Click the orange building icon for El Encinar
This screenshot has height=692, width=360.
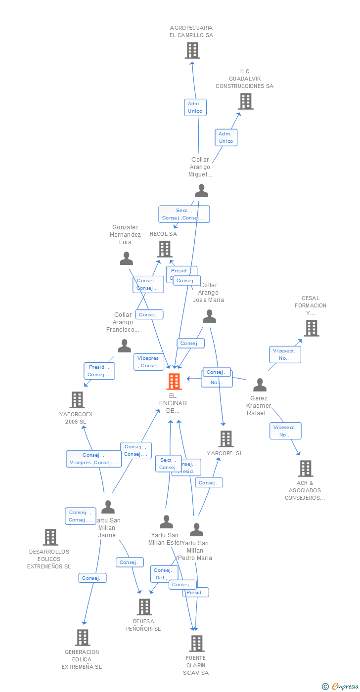click(x=174, y=382)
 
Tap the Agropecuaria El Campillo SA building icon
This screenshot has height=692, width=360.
click(x=192, y=50)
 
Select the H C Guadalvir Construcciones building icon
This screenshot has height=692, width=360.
click(x=245, y=101)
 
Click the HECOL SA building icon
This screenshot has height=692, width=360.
click(x=165, y=249)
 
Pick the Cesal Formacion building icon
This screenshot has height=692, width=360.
click(x=311, y=328)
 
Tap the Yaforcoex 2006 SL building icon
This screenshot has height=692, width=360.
click(x=77, y=400)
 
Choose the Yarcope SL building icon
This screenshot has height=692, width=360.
click(x=225, y=439)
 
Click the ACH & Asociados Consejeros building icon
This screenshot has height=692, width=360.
click(x=306, y=469)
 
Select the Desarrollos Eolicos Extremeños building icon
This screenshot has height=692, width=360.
click(x=50, y=537)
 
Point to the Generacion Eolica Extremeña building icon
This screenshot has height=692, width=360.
click(x=83, y=638)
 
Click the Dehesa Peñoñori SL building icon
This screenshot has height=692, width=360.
click(x=144, y=607)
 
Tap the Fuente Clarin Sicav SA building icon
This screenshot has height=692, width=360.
click(x=197, y=644)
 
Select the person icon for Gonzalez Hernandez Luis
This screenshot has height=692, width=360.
click(x=127, y=259)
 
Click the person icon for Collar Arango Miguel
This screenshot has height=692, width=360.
click(x=201, y=190)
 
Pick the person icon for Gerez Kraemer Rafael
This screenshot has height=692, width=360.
click(x=260, y=385)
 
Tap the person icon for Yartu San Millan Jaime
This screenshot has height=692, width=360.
click(x=108, y=507)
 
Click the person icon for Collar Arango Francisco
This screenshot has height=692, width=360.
click(x=125, y=346)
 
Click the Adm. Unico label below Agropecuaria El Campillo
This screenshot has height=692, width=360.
click(x=195, y=107)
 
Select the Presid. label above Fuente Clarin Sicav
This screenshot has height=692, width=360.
click(x=195, y=592)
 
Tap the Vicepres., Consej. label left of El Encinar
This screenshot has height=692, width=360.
click(x=149, y=362)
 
